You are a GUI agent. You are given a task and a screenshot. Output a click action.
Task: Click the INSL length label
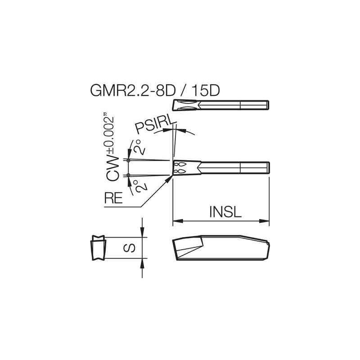coord(225,211)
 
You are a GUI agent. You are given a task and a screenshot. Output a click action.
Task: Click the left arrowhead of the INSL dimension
coord(176,221)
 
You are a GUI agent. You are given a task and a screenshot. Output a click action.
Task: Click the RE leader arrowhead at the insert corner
coord(170,178)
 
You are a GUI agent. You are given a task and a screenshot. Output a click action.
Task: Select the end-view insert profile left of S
coord(98,247)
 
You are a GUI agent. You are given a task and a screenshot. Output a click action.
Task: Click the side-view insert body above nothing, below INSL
coord(220,249)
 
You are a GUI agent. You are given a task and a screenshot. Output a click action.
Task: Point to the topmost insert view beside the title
coord(220,105)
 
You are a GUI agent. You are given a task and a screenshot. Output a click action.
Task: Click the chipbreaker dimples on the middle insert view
coord(180,167)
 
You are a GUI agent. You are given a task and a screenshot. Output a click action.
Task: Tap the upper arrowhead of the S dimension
coord(142,234)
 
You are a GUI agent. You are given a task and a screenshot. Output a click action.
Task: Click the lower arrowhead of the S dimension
coord(142,262)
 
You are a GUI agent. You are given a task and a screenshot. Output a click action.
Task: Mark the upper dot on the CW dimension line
coord(129,160)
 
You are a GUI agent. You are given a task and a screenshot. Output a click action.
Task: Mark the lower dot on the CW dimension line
coord(129,175)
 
